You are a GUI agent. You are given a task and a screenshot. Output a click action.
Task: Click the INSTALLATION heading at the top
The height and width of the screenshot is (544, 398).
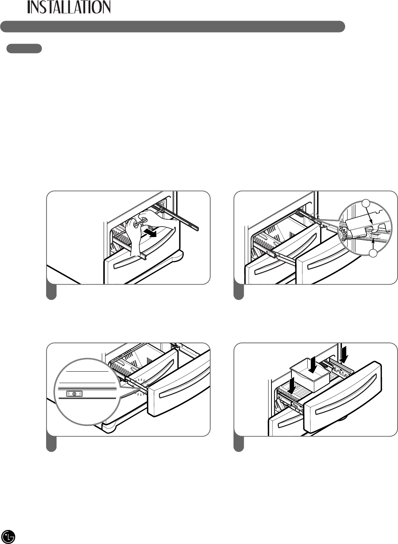click(69, 7)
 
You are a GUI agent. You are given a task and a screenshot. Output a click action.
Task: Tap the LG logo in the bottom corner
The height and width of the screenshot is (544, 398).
click(9, 536)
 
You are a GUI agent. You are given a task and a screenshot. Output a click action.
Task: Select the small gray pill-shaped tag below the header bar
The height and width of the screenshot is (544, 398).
click(24, 49)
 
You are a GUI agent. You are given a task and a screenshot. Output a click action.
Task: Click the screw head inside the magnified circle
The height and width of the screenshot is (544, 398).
click(75, 394)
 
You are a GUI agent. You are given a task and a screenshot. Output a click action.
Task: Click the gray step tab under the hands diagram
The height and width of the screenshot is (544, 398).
click(52, 292)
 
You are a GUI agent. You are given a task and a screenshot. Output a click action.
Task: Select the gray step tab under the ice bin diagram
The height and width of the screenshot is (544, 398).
click(239, 444)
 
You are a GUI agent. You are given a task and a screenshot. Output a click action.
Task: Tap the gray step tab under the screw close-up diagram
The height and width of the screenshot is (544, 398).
click(52, 444)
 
